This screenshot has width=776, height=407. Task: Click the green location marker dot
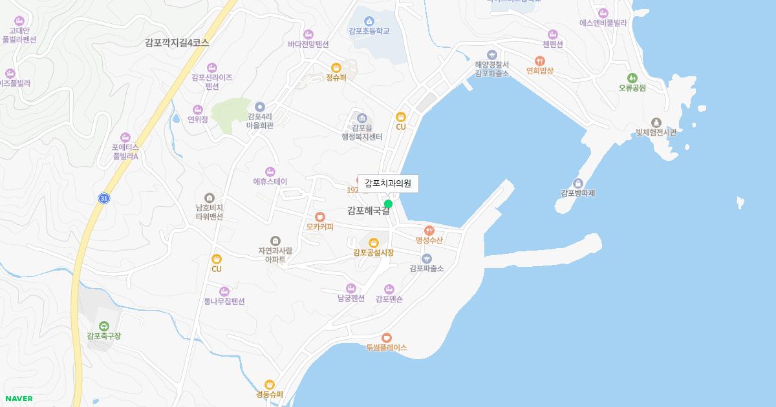tap(388, 204)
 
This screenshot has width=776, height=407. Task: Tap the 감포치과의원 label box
tap(388, 183)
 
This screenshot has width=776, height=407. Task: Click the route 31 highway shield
tap(103, 198)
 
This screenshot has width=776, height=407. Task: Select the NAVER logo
tap(19, 399)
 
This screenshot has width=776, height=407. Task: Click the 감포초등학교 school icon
tap(369, 21)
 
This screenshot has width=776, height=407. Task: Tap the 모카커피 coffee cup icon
tap(319, 217)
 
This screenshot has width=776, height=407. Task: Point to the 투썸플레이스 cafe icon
tap(386, 337)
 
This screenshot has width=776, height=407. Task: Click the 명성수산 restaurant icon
tap(429, 230)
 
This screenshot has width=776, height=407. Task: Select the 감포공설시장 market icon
tap(373, 243)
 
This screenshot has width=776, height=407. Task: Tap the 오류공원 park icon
tap(632, 78)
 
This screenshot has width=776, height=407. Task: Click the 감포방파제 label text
tap(577, 193)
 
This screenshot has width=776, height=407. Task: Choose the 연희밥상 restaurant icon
tap(539, 61)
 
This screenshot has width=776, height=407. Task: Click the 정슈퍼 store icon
tap(336, 68)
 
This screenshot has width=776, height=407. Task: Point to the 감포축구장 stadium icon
tap(103, 326)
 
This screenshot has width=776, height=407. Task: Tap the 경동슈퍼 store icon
tap(270, 385)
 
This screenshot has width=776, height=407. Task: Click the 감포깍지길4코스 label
tap(177, 43)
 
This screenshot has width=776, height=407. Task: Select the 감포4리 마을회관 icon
tap(260, 107)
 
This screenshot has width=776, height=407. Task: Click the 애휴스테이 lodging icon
tap(270, 172)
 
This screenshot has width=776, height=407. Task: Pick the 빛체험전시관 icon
tap(656, 123)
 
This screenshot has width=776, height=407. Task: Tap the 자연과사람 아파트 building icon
tap(275, 241)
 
